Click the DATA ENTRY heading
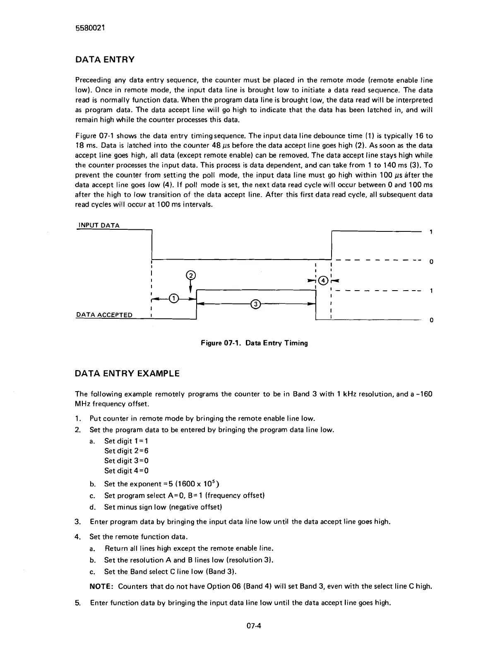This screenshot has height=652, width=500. pyautogui.click(x=105, y=60)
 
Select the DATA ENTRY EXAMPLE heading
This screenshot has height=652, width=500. pyautogui.click(x=127, y=373)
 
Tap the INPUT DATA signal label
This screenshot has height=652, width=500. pyautogui.click(x=99, y=225)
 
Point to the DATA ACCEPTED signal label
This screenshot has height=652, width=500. pyautogui.click(x=104, y=315)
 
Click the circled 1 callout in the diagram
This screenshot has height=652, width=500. pyautogui.click(x=174, y=298)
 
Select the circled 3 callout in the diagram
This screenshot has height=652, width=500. pyautogui.click(x=256, y=304)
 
